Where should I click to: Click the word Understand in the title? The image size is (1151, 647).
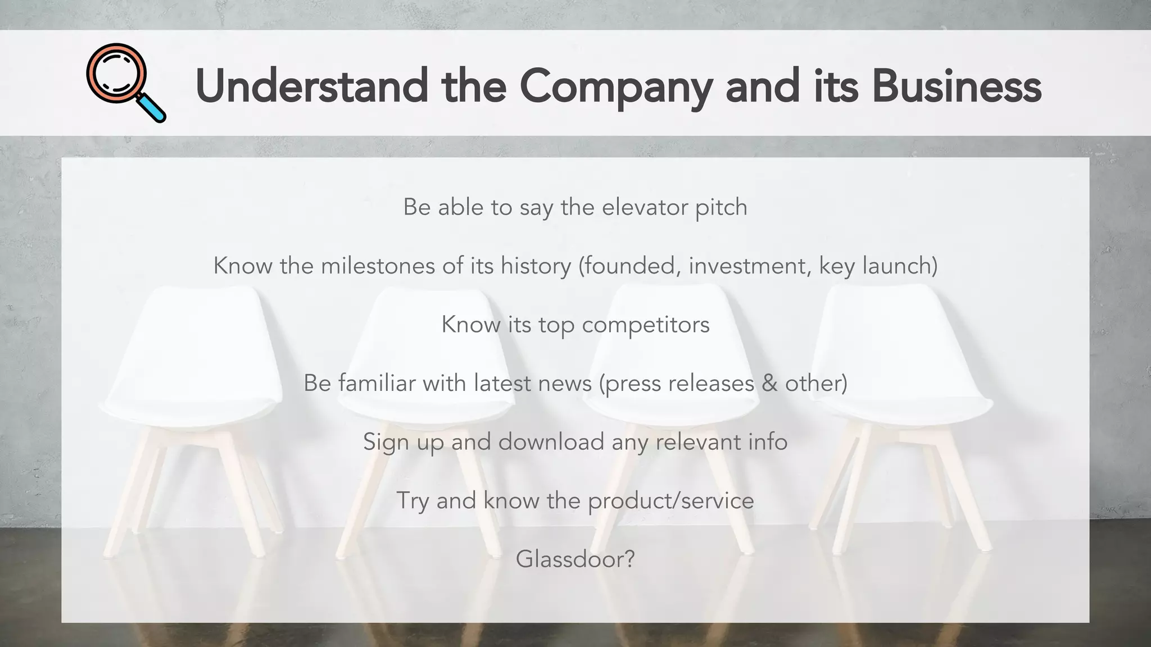(x=311, y=86)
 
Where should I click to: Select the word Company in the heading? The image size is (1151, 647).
(x=615, y=88)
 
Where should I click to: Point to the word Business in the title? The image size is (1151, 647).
(x=956, y=86)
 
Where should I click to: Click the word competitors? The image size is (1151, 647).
(x=645, y=325)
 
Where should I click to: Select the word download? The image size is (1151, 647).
(x=551, y=442)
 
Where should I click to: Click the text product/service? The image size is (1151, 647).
(x=670, y=501)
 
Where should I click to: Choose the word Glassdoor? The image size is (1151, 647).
(x=575, y=559)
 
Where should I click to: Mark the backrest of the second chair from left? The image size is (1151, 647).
(x=427, y=337)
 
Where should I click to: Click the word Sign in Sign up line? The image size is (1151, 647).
(x=385, y=443)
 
